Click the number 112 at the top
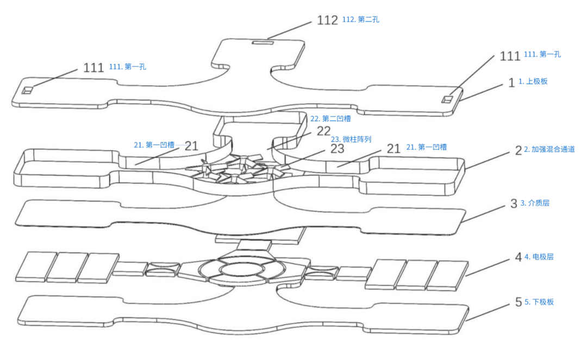327,20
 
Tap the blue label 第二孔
361,20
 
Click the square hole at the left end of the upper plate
27,90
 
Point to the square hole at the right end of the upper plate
447,99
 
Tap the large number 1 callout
510,83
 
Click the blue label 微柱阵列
351,139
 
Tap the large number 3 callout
514,204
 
